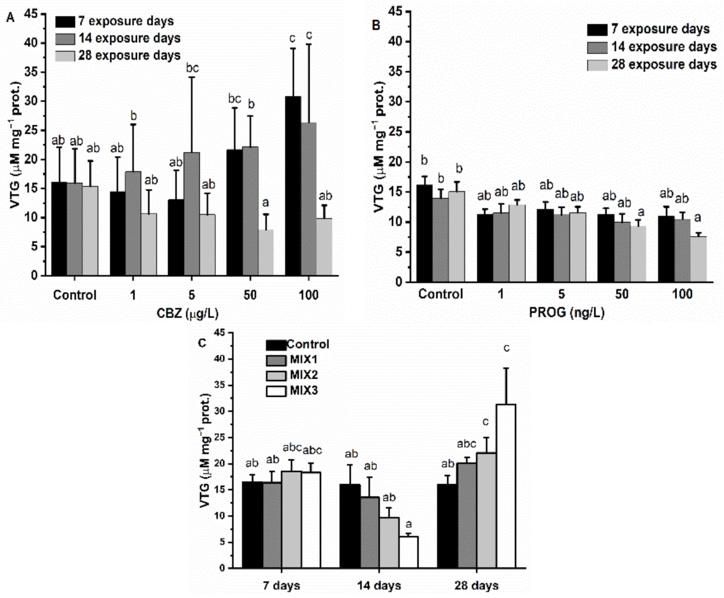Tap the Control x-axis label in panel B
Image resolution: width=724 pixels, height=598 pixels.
440,295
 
